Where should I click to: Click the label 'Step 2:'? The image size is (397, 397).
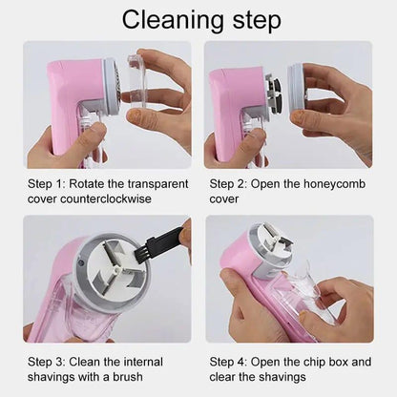(x=232, y=183)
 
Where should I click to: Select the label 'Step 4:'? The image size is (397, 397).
(x=232, y=363)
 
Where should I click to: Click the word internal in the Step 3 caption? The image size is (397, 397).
(x=139, y=363)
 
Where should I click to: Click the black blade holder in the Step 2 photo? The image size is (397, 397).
(x=274, y=95)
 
